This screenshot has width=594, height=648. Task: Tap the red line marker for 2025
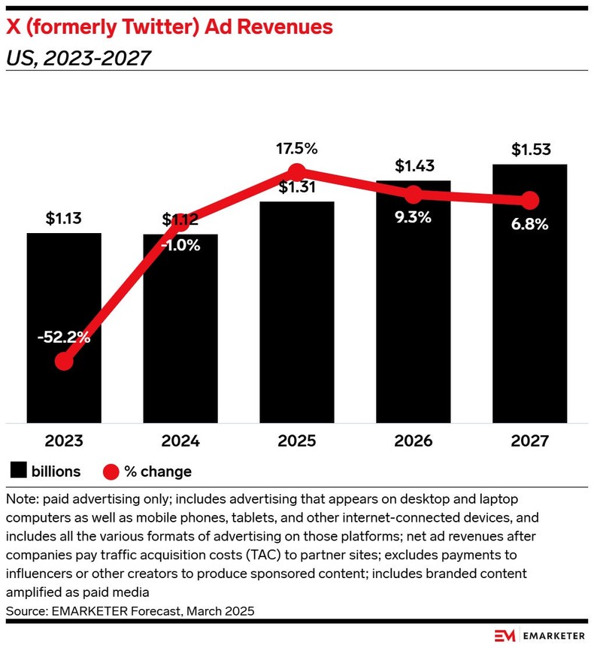tap(297, 171)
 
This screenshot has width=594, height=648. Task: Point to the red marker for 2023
tap(64, 362)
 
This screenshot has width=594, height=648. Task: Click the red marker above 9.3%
tap(413, 195)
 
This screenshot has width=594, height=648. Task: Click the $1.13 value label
tap(64, 220)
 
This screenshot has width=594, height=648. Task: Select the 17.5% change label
tap(297, 148)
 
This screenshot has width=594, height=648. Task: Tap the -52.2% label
tap(64, 338)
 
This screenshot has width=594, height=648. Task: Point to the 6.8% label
tap(529, 224)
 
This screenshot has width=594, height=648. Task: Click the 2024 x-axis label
tap(180, 441)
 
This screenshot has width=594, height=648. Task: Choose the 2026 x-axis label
tap(413, 441)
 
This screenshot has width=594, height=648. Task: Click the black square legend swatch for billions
tap(19, 471)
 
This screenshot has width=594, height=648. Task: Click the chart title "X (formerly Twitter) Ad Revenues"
tap(169, 28)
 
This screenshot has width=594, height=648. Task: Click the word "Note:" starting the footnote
tap(21, 500)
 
